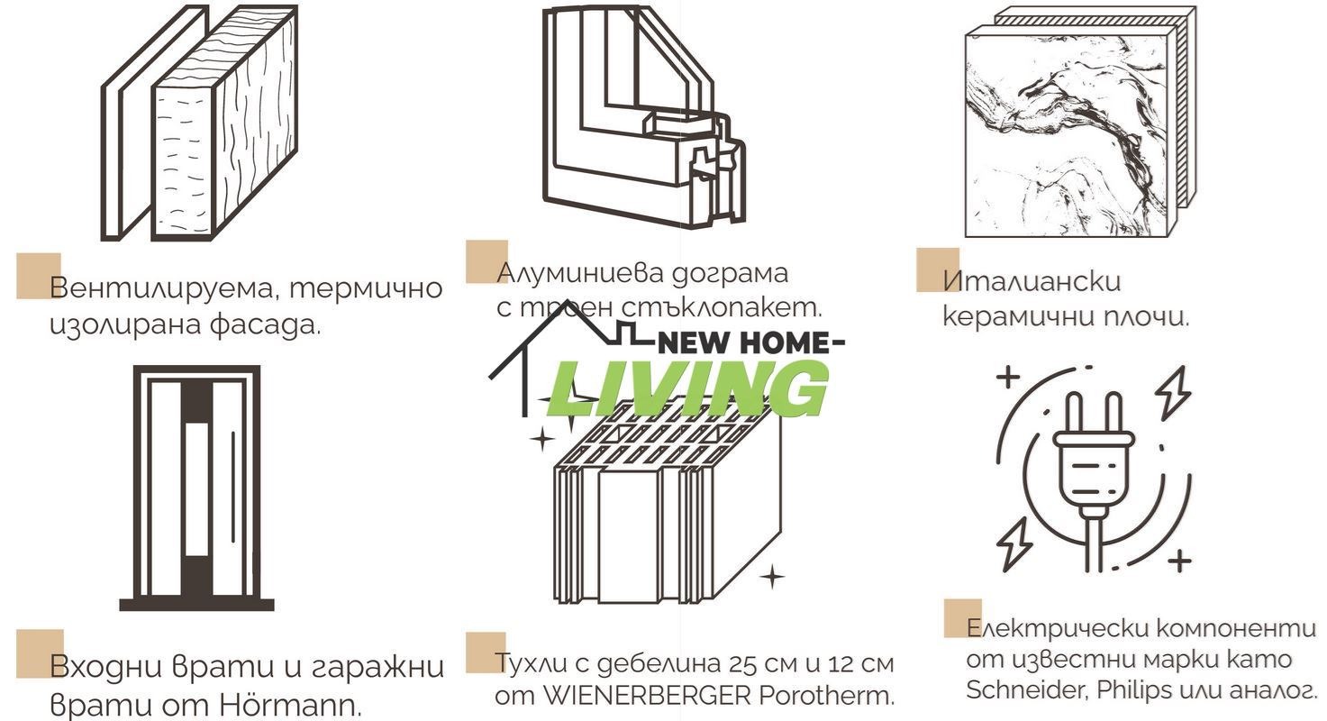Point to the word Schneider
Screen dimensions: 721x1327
coord(1015,689)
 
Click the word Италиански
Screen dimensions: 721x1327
coord(1032,280)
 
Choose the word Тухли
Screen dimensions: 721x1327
coord(530,663)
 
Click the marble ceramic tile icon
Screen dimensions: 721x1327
coord(1072,131)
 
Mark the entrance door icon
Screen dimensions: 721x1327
coord(196,487)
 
